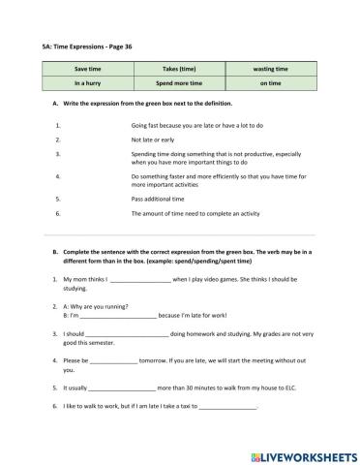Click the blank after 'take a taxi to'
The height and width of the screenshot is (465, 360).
click(228, 407)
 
